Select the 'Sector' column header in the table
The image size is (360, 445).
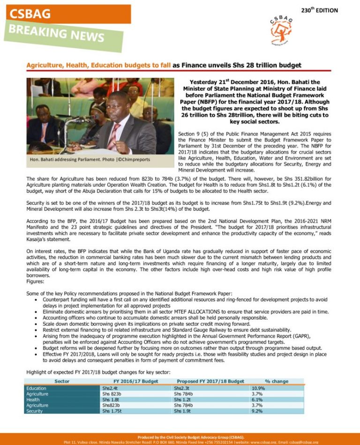pos(62,381)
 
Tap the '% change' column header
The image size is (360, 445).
pos(277,381)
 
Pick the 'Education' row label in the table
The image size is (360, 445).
pos(36,388)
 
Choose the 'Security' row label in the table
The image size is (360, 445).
pos(35,411)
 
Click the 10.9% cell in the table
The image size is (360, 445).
pos(258,388)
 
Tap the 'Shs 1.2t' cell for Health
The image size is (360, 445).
pos(183,400)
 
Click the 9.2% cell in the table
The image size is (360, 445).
pos(257,411)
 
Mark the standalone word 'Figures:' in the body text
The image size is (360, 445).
pos(36,281)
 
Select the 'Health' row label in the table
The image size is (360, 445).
pos(33,400)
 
